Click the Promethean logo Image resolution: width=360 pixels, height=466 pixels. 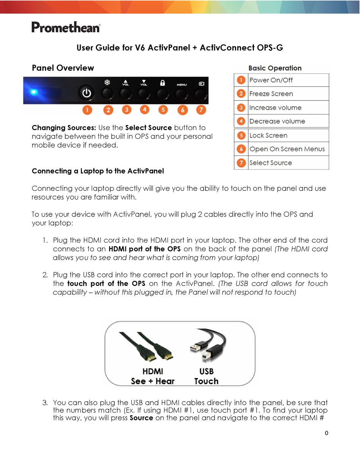(x=66, y=27)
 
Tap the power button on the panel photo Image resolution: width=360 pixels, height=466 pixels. (x=87, y=93)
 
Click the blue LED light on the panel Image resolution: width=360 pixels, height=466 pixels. (x=34, y=92)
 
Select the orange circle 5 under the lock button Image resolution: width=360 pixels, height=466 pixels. (x=163, y=110)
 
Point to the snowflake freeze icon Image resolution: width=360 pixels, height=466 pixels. (x=107, y=82)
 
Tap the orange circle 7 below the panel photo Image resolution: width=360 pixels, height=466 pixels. (x=201, y=110)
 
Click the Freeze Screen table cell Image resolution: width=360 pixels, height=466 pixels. (x=271, y=94)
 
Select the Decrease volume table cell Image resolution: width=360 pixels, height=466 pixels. (x=277, y=121)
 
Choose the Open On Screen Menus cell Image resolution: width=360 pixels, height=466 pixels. (x=287, y=149)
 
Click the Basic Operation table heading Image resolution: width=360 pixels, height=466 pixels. (x=275, y=68)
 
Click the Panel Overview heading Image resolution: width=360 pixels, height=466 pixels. (x=63, y=68)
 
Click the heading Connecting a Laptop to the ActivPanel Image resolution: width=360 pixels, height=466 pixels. (x=98, y=171)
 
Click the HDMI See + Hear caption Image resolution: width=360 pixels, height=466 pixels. (x=152, y=376)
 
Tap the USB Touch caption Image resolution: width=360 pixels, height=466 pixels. (x=206, y=376)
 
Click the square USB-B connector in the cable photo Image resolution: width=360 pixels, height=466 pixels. (x=206, y=355)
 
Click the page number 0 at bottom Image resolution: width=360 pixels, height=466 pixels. (x=327, y=433)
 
